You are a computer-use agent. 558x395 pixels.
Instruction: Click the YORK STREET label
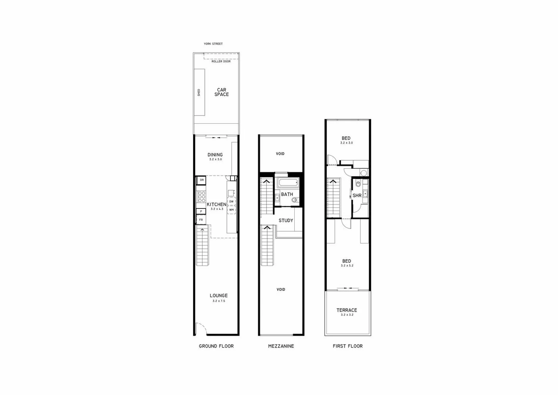(x=213, y=44)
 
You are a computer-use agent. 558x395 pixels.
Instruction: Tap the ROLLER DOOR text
(x=221, y=61)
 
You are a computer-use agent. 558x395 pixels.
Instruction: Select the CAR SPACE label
(x=222, y=92)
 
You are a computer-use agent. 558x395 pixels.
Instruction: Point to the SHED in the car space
(x=199, y=92)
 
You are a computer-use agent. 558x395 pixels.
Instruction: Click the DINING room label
(x=215, y=155)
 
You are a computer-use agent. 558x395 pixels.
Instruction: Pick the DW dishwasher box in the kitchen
(x=232, y=202)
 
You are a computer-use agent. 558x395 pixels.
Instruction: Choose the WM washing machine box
(x=232, y=210)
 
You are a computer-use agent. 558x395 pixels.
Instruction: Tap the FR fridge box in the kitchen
(x=201, y=220)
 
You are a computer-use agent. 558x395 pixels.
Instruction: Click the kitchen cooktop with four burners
(x=201, y=197)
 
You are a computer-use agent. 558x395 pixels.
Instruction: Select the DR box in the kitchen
(x=202, y=180)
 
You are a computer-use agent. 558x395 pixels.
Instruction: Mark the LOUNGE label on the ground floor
(x=219, y=296)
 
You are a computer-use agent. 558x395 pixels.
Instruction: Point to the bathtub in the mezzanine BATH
(x=288, y=183)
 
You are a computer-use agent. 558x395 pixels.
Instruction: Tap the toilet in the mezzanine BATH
(x=295, y=200)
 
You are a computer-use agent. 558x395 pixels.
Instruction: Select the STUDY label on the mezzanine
(x=286, y=221)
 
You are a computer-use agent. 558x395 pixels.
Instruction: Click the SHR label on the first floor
(x=357, y=196)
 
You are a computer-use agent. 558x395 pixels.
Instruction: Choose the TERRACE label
(x=347, y=310)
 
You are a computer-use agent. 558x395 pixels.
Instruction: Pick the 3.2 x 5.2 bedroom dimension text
(x=347, y=266)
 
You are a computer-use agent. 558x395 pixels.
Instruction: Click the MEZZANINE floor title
(x=281, y=346)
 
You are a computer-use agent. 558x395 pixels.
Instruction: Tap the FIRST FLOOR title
(x=348, y=346)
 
